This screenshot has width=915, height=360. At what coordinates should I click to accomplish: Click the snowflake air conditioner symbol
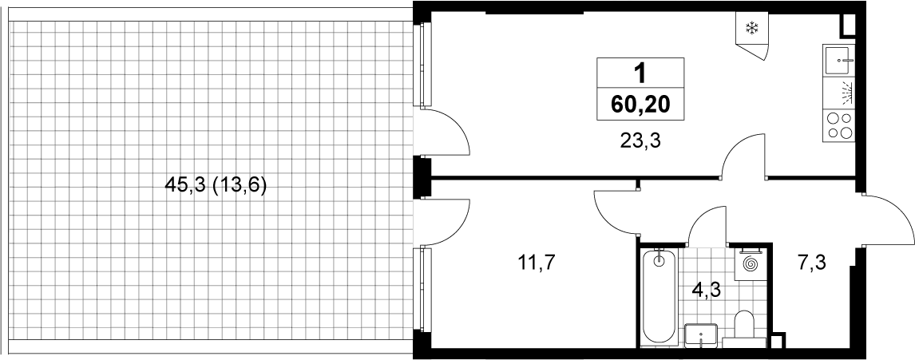point(752,28)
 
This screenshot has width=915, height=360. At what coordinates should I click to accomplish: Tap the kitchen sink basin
point(840,60)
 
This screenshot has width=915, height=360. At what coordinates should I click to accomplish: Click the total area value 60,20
point(640,105)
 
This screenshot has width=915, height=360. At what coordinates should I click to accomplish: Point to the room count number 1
point(640,74)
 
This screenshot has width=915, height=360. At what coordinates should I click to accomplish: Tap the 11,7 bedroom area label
point(537,263)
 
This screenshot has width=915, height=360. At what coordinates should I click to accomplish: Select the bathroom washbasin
point(700,335)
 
